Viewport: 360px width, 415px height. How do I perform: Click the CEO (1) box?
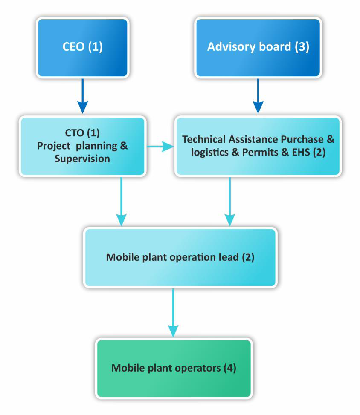point(83,47)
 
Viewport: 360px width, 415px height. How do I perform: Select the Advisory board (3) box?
point(258,47)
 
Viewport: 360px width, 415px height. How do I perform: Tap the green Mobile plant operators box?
point(174,368)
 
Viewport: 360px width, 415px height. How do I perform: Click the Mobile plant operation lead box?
point(180,257)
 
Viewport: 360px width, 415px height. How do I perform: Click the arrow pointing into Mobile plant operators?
point(173,313)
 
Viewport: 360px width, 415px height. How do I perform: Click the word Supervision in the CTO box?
point(83,159)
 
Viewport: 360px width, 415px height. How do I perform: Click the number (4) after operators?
point(228,368)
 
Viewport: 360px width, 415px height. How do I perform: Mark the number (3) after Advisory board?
point(300,46)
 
